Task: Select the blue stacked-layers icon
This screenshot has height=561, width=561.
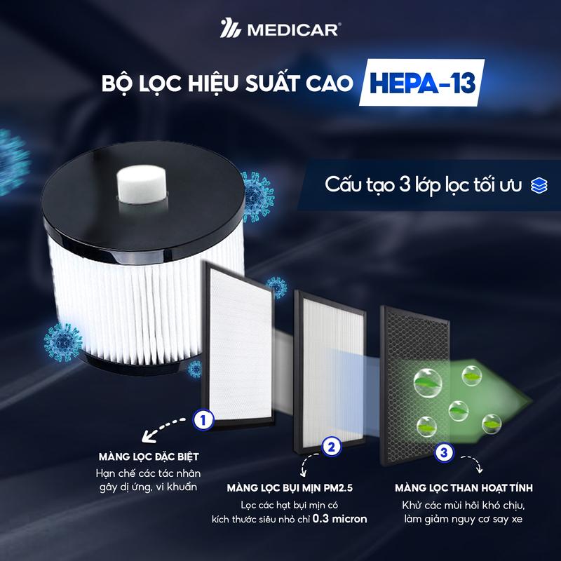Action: coord(539,184)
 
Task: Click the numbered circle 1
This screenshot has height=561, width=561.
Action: coord(203,419)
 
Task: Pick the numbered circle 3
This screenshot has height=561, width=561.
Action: coord(442,452)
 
